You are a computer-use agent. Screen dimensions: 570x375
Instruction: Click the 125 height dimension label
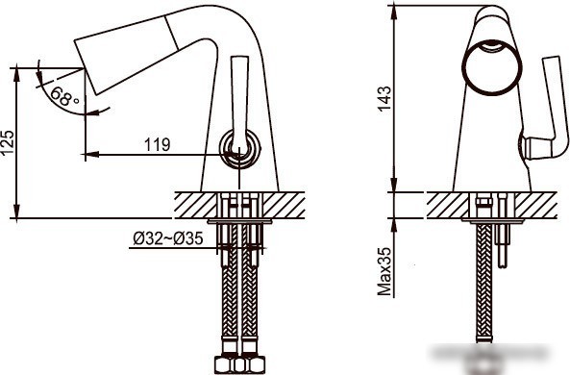tap(8, 142)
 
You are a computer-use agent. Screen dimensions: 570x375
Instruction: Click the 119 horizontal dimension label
tap(158, 145)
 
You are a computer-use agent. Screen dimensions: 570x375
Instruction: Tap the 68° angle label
tap(64, 96)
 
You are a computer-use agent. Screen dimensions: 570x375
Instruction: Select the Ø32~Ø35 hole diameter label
tap(168, 238)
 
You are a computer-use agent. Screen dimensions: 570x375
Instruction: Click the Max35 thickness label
tap(384, 271)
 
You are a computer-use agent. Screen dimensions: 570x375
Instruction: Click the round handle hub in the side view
tap(240, 148)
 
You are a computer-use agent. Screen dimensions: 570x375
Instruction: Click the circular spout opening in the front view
tap(492, 66)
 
